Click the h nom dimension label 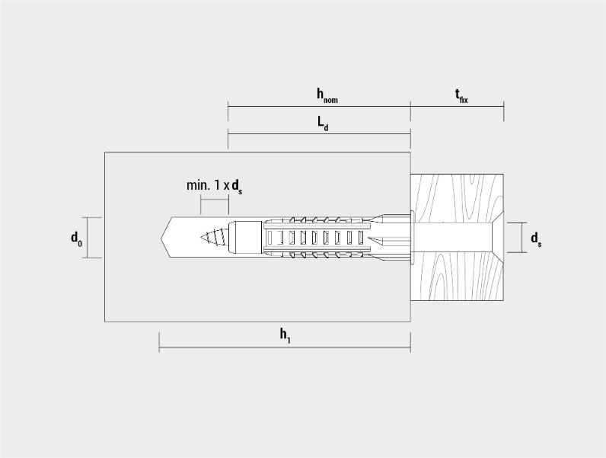click(x=327, y=95)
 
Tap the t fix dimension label click(x=461, y=96)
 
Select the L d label click(x=323, y=123)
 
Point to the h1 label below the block click(x=285, y=335)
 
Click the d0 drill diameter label click(x=76, y=239)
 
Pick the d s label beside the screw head click(x=536, y=239)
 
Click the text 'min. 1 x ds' click(x=215, y=186)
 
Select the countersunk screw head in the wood click(x=497, y=238)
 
